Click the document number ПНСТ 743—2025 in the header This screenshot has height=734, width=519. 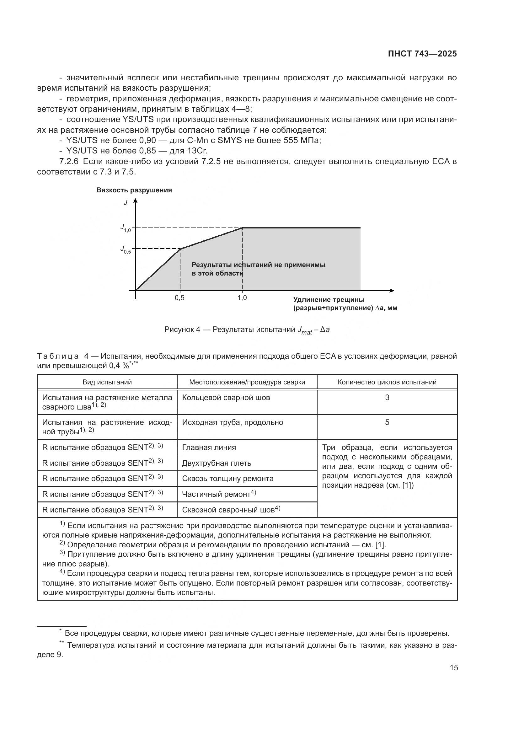click(422, 54)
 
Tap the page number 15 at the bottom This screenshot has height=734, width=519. click(453, 667)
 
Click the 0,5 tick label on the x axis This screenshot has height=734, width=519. click(179, 298)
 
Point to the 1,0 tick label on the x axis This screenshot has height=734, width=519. click(242, 298)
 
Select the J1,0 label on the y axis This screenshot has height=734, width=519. click(125, 228)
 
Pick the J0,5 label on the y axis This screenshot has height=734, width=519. click(125, 249)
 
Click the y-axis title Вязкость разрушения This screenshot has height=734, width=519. click(134, 190)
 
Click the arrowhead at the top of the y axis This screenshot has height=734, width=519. click(135, 201)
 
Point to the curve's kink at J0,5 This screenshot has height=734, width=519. click(180, 249)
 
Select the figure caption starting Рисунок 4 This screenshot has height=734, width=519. click(247, 329)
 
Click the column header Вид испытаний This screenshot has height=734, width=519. click(107, 382)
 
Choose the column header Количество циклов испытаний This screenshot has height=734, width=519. click(387, 382)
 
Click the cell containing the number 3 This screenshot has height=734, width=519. click(387, 398)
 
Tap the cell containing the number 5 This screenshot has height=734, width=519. click(387, 422)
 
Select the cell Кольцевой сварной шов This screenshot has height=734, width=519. click(226, 398)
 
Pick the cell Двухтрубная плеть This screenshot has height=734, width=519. click(217, 463)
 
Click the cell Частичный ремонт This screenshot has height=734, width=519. click(219, 494)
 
